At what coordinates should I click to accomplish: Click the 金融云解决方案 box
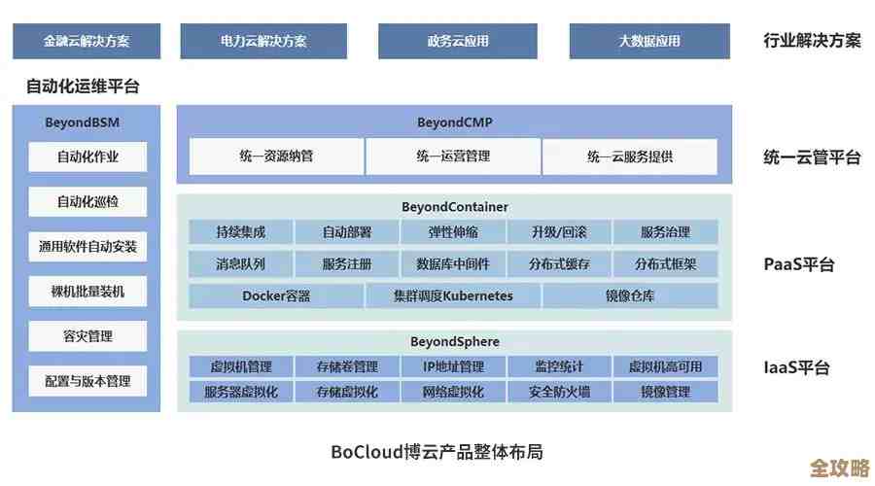pos(87,41)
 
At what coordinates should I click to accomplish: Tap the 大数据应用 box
pos(649,41)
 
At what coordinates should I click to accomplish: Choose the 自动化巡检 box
pos(87,202)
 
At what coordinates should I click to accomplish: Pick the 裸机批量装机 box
pos(87,291)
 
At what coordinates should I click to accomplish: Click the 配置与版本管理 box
pos(87,381)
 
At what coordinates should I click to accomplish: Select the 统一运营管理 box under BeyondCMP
pos(453,156)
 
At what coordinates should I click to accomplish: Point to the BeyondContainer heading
pos(454,207)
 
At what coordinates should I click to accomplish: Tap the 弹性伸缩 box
pos(453,232)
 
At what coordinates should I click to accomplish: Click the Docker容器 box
pos(276,295)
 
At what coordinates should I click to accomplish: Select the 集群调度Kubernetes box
pos(453,295)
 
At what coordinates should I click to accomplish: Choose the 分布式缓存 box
pos(559,263)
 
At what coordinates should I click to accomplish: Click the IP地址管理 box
pos(453,366)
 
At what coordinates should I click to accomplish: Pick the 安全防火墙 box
pos(559,392)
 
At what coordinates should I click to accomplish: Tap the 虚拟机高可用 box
pos(665,366)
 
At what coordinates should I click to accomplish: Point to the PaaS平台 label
pos(799,264)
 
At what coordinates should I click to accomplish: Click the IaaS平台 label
pos(797,368)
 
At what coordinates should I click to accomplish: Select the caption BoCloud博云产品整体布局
pos(437,451)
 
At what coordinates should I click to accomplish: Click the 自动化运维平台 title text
pos(83,87)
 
